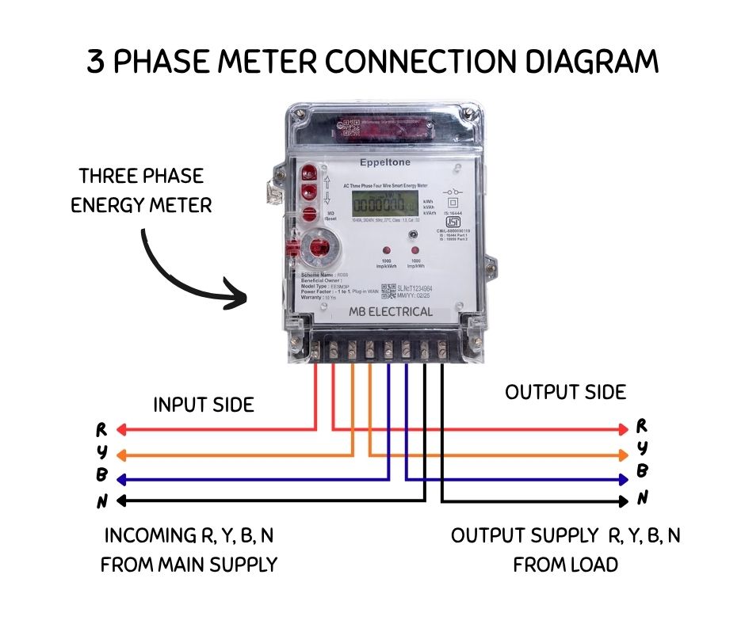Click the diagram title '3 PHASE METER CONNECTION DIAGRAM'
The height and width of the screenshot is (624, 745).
372,62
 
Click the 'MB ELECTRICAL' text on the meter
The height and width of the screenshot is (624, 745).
391,311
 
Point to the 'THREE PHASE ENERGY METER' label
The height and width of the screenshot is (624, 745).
141,191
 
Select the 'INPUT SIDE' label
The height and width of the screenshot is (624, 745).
204,405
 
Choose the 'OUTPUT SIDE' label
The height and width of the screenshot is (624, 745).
565,392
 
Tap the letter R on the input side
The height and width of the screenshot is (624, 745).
101,430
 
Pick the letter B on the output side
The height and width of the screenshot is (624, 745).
643,471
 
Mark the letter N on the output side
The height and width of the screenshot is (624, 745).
643,497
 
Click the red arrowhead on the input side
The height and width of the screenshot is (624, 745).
121,430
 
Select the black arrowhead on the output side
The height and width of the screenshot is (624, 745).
624,500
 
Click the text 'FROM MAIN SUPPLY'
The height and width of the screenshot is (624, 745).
189,565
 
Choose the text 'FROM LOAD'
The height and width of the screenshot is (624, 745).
565,565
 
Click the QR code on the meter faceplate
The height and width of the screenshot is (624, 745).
388,291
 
